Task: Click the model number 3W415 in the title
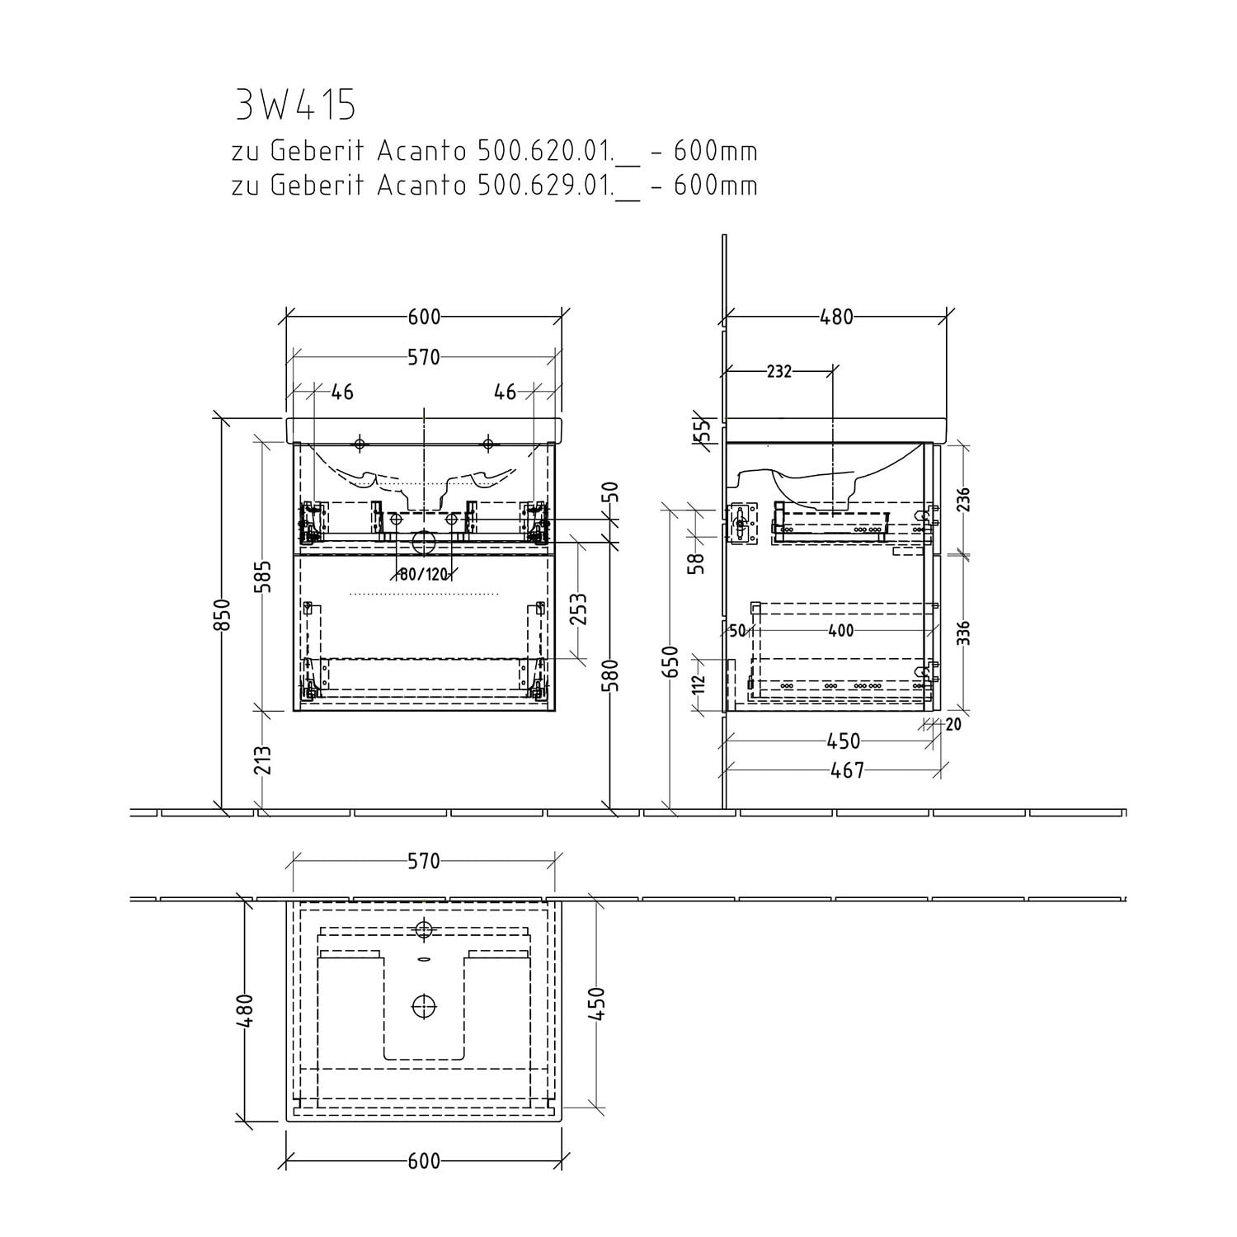[295, 104]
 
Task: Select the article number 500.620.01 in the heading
[544, 152]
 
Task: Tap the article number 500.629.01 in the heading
[544, 186]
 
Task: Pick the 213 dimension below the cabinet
[262, 760]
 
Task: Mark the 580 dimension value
[611, 674]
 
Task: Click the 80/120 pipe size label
[422, 574]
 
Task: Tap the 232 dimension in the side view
[778, 372]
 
